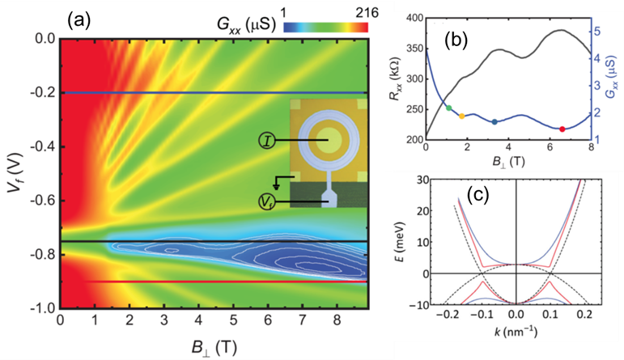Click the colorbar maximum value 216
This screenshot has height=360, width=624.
[356, 7]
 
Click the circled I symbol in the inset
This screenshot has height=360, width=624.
[267, 140]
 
